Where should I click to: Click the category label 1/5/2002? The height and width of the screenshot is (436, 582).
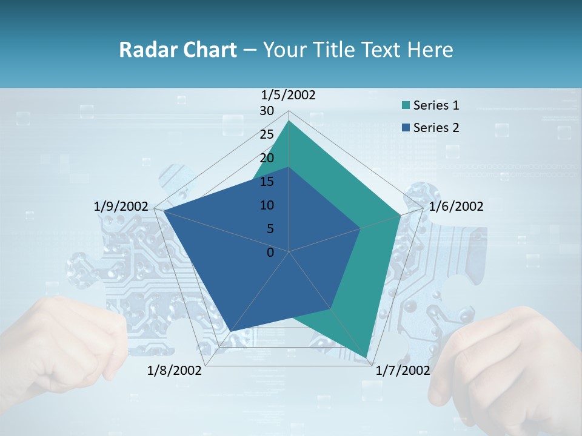point(289,95)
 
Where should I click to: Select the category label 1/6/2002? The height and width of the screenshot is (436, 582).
point(456,206)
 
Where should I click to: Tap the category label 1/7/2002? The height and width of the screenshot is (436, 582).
point(403,371)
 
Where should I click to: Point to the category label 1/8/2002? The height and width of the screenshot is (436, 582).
point(175,371)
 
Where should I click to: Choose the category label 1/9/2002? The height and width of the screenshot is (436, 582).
point(121,206)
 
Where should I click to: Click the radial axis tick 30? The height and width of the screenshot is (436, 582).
point(267,111)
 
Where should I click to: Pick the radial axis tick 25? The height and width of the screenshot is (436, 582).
point(267,134)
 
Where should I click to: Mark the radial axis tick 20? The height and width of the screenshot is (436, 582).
point(267,158)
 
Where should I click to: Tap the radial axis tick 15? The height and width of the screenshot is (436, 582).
point(267,182)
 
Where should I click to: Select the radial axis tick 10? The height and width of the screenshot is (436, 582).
point(267,205)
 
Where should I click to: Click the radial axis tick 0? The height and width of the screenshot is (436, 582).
point(270,253)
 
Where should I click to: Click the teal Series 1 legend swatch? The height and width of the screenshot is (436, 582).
point(406,105)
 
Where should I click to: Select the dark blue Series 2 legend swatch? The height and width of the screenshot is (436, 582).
point(406,128)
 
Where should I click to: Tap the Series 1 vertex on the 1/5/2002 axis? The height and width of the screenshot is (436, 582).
point(289,121)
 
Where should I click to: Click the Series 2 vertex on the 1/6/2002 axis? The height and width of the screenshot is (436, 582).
point(361,228)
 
